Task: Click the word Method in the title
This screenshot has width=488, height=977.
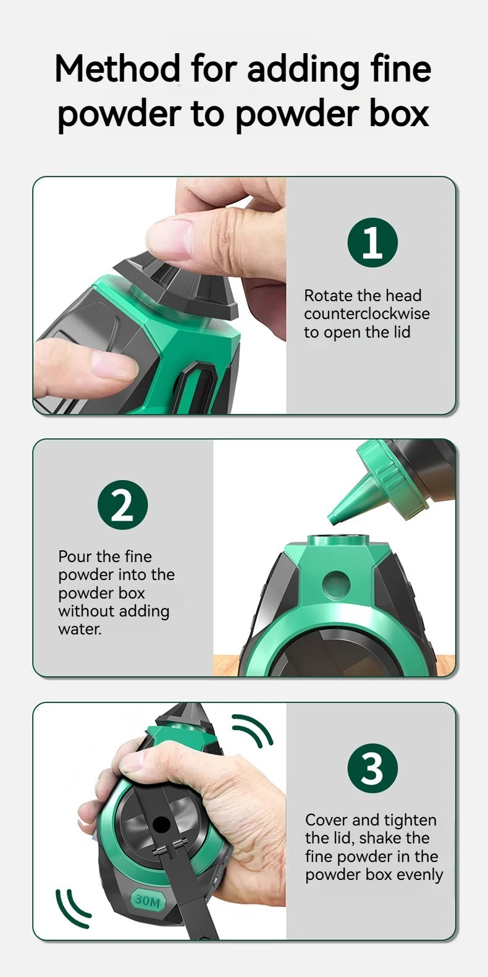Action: pyautogui.click(x=117, y=68)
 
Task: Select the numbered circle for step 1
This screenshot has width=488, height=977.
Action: pyautogui.click(x=372, y=243)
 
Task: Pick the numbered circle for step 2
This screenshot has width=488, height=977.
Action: pyautogui.click(x=123, y=505)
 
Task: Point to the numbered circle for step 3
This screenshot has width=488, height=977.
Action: pyautogui.click(x=372, y=768)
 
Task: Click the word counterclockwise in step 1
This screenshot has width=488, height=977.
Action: pyautogui.click(x=367, y=314)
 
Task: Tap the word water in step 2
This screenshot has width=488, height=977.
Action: pyautogui.click(x=79, y=629)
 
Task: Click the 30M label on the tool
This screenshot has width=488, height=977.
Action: pyautogui.click(x=147, y=901)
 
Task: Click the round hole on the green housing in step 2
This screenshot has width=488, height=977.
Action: pyautogui.click(x=336, y=584)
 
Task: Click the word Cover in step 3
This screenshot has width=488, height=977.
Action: pyautogui.click(x=327, y=820)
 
